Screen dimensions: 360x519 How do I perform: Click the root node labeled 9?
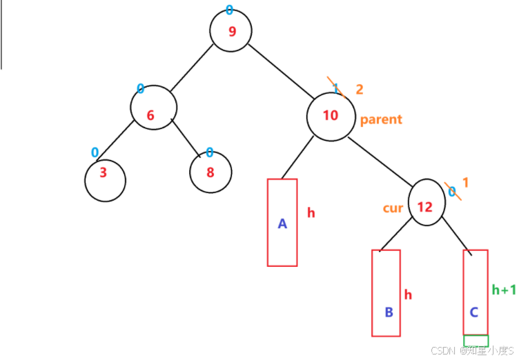pos(231,31)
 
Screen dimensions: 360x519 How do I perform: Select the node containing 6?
pos(153,108)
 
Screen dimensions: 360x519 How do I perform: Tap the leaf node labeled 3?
pos(105,181)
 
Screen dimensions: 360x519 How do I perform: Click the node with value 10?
pos(331,117)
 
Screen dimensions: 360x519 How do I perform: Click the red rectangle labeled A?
pos(282,222)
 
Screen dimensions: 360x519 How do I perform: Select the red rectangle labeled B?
pos(386,292)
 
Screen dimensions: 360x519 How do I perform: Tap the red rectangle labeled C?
pos(476,292)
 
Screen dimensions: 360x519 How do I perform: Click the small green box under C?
pos(476,341)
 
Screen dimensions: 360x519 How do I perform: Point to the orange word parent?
pos(380,119)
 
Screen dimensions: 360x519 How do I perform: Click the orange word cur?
pos(393,208)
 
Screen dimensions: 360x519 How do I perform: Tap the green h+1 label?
pos(503,290)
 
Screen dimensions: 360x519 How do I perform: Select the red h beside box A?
pos(311,213)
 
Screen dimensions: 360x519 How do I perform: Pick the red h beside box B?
pos(408,294)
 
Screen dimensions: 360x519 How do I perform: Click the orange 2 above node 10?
pos(359,90)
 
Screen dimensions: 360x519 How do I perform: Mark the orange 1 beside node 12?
pos(465,183)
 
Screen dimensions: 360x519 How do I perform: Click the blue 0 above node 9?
pos(230,10)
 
